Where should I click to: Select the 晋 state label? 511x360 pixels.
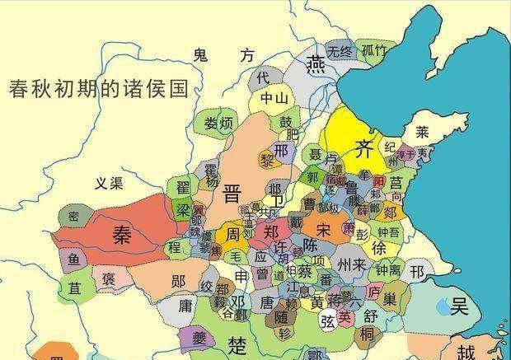(232, 194)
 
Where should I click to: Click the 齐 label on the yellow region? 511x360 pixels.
(363, 148)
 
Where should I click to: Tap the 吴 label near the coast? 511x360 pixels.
(458, 307)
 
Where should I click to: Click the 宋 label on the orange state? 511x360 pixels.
(322, 226)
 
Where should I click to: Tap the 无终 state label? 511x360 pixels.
(339, 52)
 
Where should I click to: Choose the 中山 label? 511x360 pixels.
(273, 99)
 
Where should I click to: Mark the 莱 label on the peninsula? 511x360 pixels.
(423, 131)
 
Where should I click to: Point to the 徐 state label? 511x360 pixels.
(380, 248)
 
